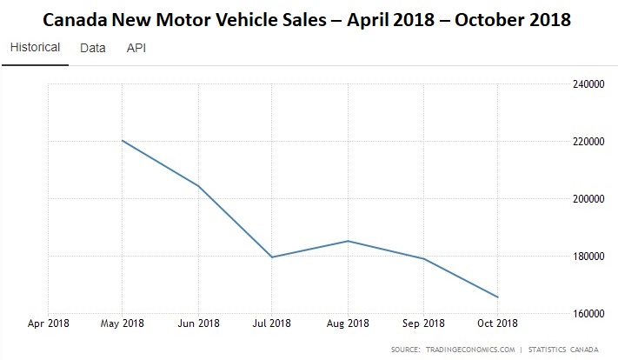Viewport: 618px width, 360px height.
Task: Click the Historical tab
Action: (x=35, y=48)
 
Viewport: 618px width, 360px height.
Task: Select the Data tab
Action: (x=92, y=48)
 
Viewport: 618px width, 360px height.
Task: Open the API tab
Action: (x=136, y=48)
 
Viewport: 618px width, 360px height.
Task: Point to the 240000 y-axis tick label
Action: (x=588, y=83)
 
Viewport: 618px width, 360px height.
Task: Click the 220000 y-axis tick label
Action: (x=588, y=141)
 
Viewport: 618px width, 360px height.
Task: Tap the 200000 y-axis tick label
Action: (x=588, y=198)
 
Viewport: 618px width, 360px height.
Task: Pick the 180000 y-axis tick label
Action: (x=588, y=256)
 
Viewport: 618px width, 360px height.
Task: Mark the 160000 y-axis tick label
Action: (x=588, y=313)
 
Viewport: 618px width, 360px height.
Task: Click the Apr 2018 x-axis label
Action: (x=48, y=323)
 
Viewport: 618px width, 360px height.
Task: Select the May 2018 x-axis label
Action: (x=123, y=323)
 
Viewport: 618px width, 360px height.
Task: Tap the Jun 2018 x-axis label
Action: (x=198, y=323)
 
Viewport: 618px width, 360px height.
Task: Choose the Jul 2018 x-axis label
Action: (x=272, y=323)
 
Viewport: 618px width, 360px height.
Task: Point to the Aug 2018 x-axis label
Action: (x=348, y=323)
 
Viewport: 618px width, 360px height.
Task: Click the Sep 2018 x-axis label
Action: (x=422, y=323)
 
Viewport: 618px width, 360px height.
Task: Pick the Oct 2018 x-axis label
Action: (x=496, y=323)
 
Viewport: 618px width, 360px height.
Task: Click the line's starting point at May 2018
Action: (x=123, y=141)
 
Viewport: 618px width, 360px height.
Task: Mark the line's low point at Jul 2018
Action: (x=272, y=257)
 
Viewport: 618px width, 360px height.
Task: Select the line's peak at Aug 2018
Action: (x=348, y=241)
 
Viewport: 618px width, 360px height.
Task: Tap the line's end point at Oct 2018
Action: (x=497, y=297)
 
